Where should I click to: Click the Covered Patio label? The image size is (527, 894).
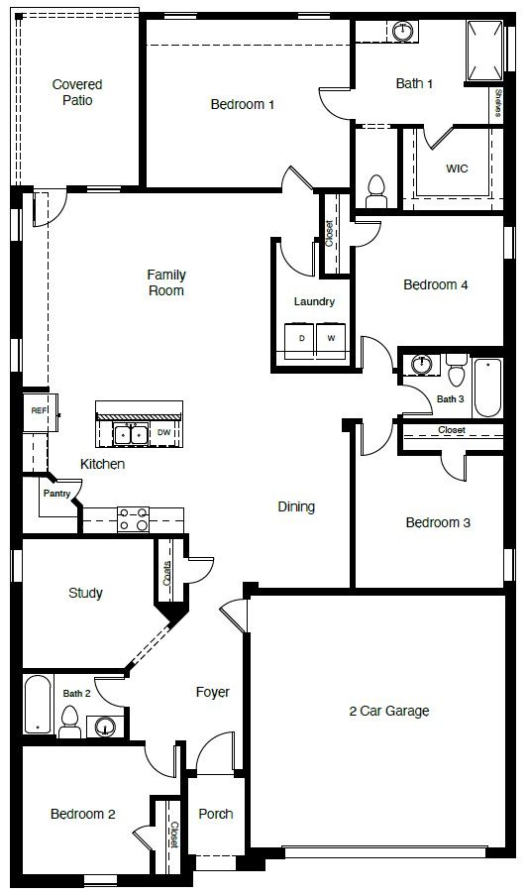coord(77,92)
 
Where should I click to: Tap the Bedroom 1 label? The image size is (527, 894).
coord(242,104)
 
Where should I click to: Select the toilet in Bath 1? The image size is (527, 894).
coord(376,186)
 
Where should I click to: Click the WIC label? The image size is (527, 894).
coord(457,168)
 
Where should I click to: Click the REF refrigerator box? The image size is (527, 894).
coord(39,410)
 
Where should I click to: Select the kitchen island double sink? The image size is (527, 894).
coord(130,433)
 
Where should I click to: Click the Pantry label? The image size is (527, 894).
coord(56,493)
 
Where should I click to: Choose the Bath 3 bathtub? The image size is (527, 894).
coord(488,389)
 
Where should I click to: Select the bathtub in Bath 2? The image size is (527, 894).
coord(38,706)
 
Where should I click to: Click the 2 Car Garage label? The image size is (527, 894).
coord(389,711)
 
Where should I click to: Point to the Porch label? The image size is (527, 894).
coord(216,814)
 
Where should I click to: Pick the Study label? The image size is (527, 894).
coord(85,594)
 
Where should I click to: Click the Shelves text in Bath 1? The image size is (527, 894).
coord(496,103)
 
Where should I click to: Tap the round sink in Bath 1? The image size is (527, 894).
coord(402,32)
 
